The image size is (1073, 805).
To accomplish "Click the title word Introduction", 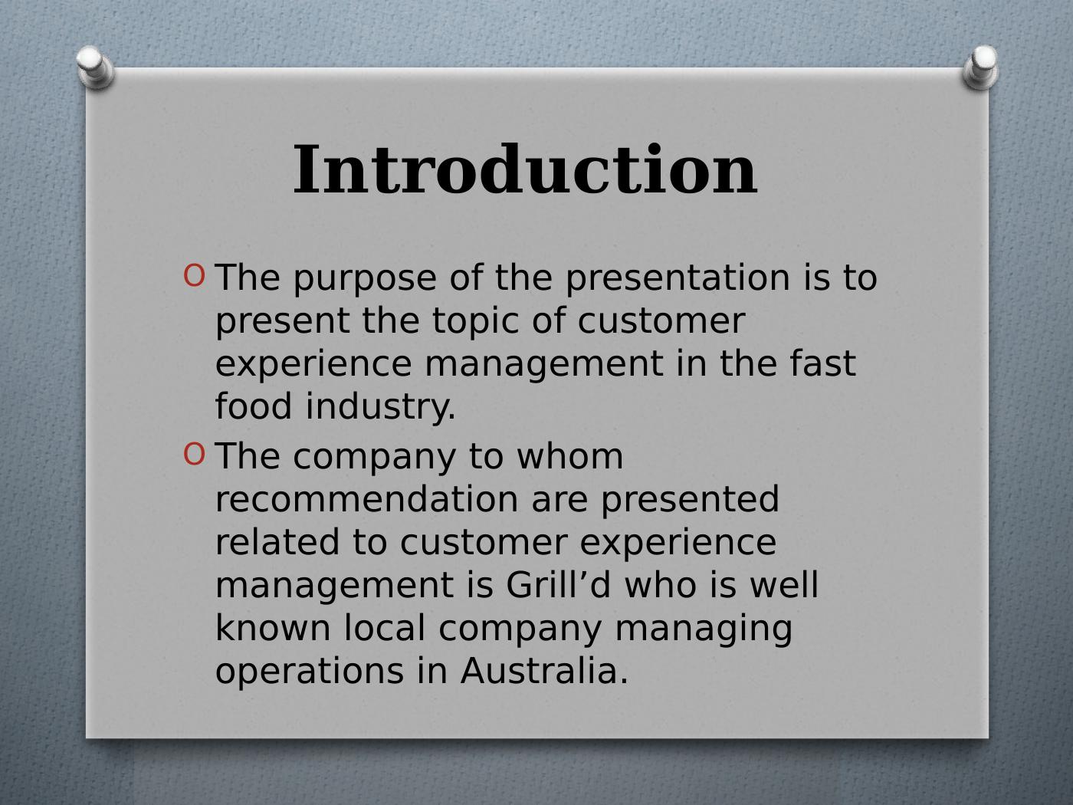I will pos(525,170).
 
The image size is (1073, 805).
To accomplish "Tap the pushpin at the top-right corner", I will pos(980,67).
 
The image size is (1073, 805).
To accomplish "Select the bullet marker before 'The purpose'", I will pos(195,275).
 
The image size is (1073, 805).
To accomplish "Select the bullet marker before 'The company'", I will pos(195,454).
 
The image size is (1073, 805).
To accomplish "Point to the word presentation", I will pos(678,278).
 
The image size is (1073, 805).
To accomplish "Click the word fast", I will pos(822,363).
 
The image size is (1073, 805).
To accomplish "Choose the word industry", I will pos(379,408).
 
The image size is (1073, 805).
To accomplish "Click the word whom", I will pos(569,456).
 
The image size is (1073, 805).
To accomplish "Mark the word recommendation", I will pos(367,499).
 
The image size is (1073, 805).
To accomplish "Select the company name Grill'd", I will pos(558,585).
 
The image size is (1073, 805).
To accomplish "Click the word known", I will pos(273,628).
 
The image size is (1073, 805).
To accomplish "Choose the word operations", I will pos(310,672).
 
